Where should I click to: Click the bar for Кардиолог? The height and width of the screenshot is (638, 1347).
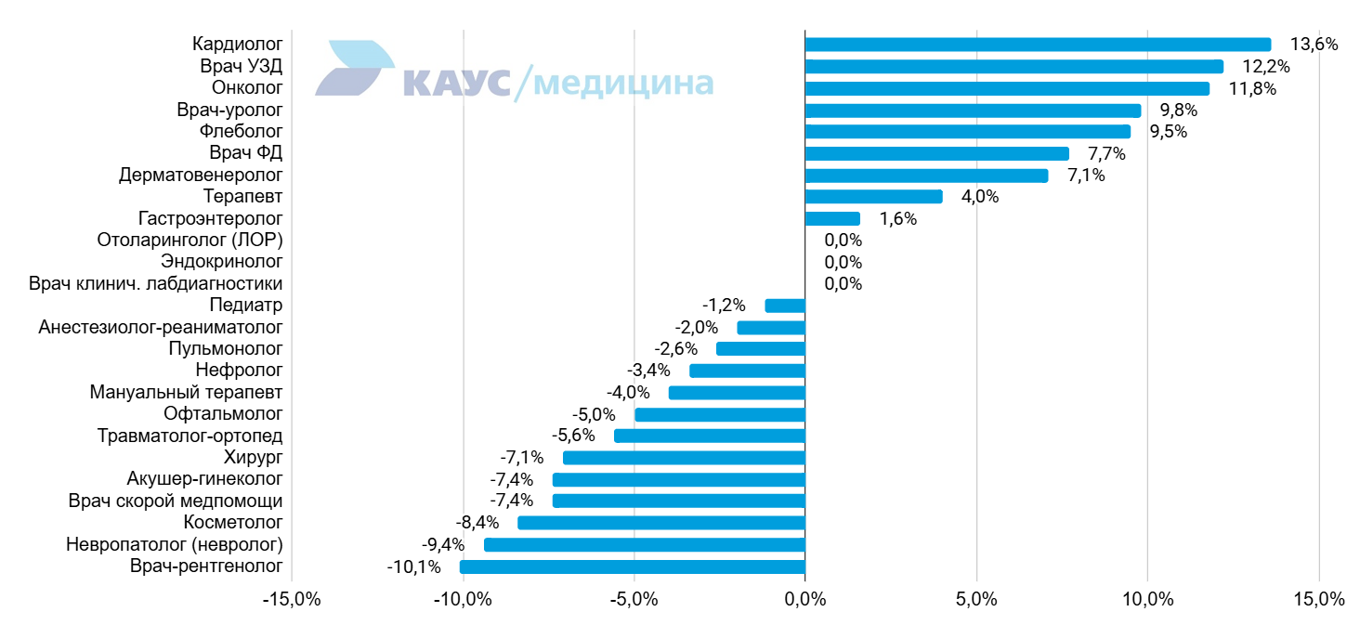(1038, 45)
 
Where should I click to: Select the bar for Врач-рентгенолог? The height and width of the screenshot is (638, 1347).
(633, 566)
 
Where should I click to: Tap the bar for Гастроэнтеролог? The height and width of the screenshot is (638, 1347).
(833, 219)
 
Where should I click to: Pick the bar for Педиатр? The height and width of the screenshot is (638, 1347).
(785, 306)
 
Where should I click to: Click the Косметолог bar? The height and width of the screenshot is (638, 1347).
(661, 523)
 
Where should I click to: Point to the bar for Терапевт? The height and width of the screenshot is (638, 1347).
(874, 197)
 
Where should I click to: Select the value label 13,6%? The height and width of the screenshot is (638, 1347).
(1314, 45)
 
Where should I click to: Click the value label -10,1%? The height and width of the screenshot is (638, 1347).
(413, 566)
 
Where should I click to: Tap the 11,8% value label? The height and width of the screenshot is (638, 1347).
(1252, 88)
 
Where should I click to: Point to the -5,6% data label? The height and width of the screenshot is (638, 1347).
(573, 436)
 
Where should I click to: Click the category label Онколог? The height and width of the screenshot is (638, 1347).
(247, 88)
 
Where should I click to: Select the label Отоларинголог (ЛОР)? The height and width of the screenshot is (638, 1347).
(190, 240)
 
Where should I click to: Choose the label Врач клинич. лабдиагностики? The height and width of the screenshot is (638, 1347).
(156, 283)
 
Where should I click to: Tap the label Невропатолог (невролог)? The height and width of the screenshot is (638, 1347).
(175, 544)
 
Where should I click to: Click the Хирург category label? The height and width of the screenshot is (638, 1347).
(254, 458)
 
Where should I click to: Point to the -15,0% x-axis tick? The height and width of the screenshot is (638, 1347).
(292, 599)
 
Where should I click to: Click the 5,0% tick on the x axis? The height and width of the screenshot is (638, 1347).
(976, 599)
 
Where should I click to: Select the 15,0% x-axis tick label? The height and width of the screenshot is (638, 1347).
(1319, 599)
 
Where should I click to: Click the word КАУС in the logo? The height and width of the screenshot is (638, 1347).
(457, 83)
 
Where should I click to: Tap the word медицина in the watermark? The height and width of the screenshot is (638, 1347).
(623, 84)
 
